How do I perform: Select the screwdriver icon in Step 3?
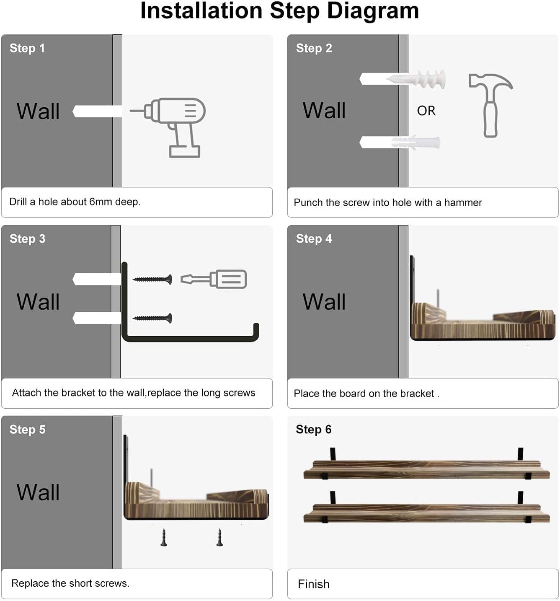(x=214, y=279)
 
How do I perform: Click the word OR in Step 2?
(x=426, y=111)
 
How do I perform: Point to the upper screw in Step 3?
(x=152, y=279)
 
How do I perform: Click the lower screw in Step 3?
(x=152, y=318)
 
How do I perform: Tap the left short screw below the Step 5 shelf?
(x=164, y=537)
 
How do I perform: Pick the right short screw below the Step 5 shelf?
(x=219, y=537)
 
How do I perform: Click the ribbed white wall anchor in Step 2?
(x=415, y=79)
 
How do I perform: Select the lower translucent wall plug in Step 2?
(x=415, y=142)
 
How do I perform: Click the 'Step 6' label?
(x=313, y=430)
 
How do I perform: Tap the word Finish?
(x=313, y=584)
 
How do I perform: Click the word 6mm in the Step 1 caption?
(x=101, y=202)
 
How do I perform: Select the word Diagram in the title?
(x=373, y=11)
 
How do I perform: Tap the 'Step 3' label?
(x=28, y=239)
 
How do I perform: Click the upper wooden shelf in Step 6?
(x=426, y=469)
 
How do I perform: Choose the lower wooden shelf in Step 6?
(x=426, y=513)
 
